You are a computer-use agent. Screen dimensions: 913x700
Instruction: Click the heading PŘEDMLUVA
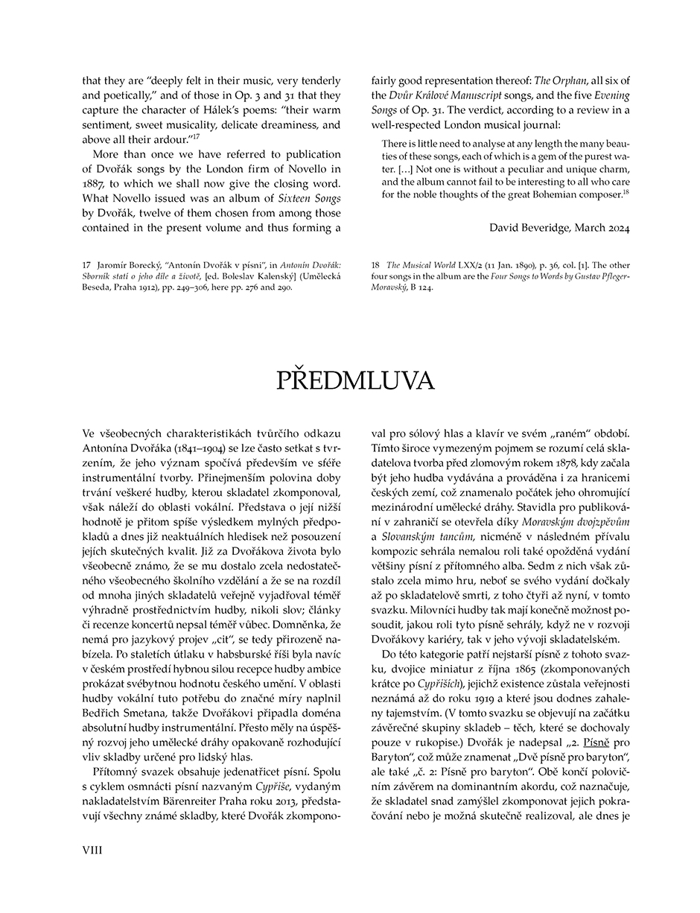(x=355, y=381)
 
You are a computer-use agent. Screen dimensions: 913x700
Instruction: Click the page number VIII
(x=92, y=850)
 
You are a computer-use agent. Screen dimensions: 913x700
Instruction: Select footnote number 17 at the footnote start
(x=86, y=265)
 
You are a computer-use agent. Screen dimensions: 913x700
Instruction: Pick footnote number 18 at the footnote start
(x=375, y=265)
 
